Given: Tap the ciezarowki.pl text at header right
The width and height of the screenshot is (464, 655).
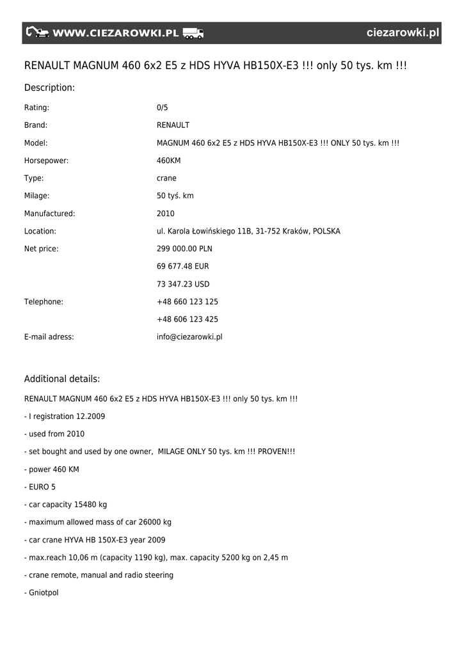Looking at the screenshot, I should tap(403, 33).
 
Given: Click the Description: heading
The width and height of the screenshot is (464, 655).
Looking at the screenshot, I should tap(49, 88).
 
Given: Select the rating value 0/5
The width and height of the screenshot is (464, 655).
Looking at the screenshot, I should tap(163, 107).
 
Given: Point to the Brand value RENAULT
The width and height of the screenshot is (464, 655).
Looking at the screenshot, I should tap(173, 125).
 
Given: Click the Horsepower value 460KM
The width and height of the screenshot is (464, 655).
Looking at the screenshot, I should tap(169, 161).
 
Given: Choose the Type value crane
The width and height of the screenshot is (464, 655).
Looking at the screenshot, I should tap(166, 178).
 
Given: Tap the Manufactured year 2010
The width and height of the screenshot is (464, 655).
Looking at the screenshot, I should tap(166, 214).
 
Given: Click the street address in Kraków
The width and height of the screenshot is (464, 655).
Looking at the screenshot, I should tap(248, 232).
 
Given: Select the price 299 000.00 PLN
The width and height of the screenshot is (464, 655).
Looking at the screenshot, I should tap(184, 249).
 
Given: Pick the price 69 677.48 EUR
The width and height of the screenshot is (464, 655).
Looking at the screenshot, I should tap(182, 266).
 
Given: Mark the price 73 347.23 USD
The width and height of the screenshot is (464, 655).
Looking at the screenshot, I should tap(183, 284).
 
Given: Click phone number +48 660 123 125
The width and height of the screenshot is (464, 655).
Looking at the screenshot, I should tap(188, 302).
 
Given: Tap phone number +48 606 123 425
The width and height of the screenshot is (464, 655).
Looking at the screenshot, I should tap(188, 319).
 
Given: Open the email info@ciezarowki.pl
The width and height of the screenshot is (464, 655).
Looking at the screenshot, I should tap(189, 337).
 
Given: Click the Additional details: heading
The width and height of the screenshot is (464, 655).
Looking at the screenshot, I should tap(62, 379).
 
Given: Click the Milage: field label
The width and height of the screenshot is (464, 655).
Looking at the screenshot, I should tap(36, 196).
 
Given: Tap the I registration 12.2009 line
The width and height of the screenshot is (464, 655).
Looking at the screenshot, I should tap(65, 416).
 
